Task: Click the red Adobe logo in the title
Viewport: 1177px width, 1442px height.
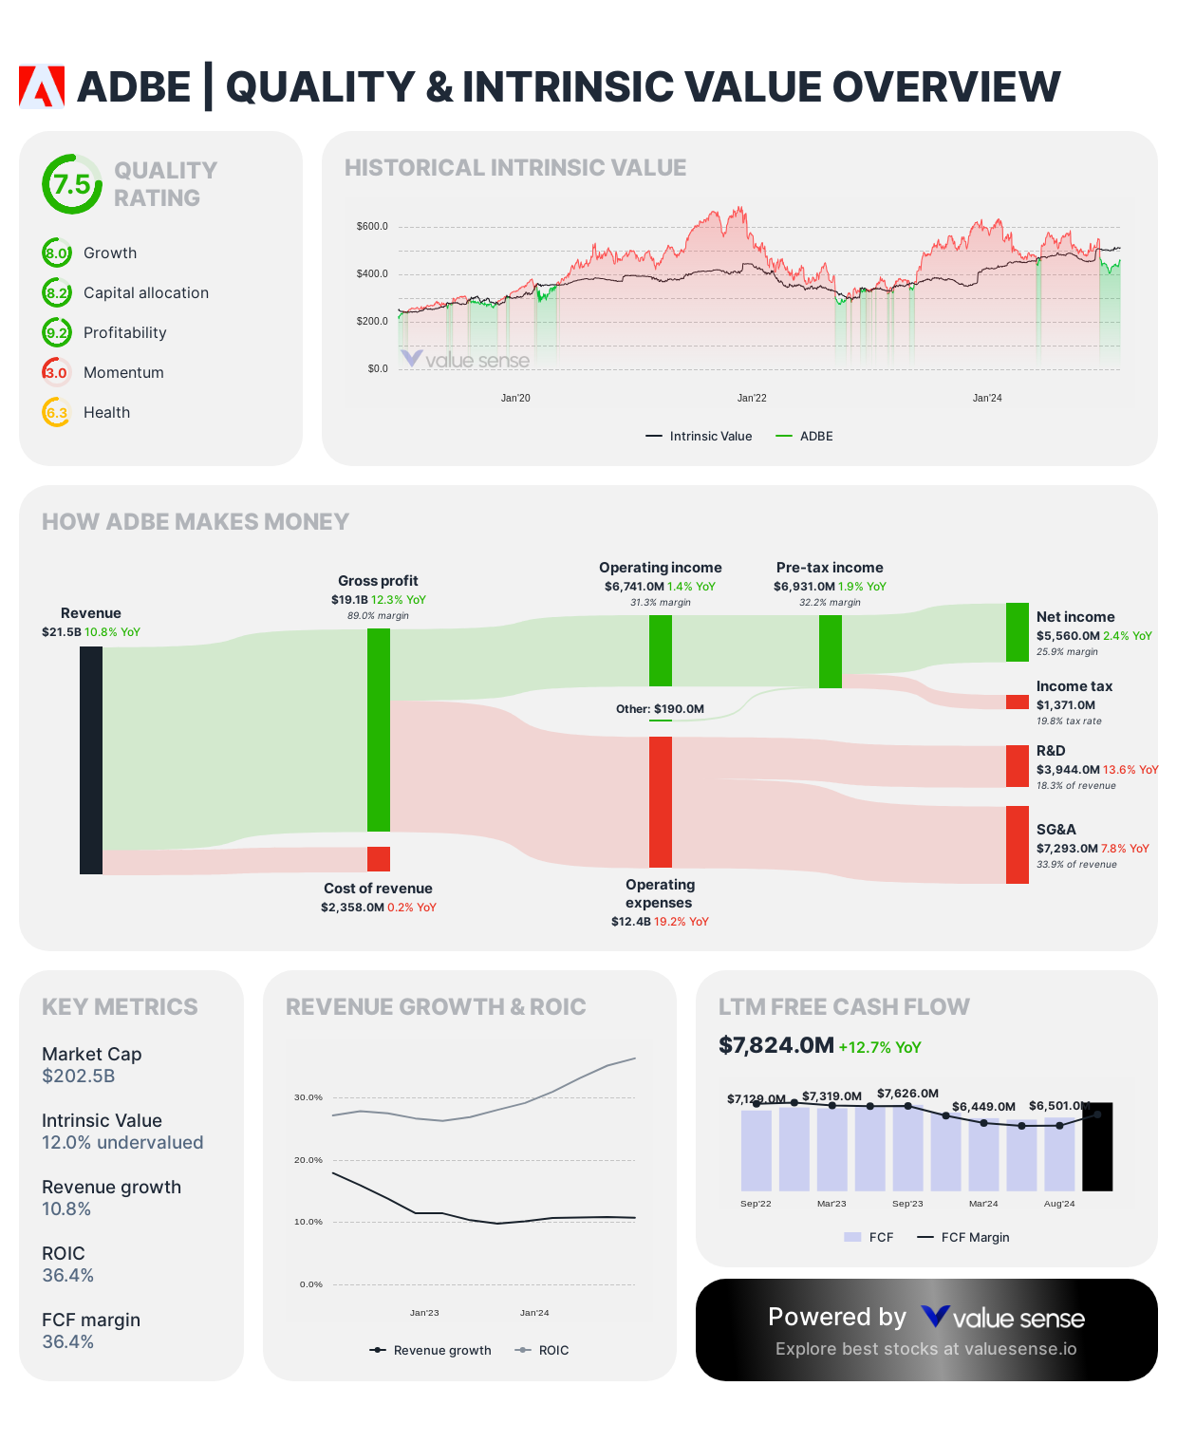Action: click(x=42, y=86)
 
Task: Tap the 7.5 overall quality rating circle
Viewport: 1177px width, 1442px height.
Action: click(x=71, y=184)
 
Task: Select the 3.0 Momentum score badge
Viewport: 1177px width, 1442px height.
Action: click(x=57, y=372)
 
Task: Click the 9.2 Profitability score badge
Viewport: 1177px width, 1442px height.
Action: click(x=57, y=332)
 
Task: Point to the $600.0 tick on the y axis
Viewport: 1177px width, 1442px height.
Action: click(x=372, y=227)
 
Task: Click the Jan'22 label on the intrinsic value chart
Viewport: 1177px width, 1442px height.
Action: click(x=752, y=398)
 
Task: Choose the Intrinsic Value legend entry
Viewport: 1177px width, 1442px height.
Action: click(x=700, y=437)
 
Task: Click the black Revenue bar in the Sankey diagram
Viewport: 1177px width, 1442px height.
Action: click(x=91, y=759)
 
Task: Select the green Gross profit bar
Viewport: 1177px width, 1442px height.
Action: click(x=379, y=729)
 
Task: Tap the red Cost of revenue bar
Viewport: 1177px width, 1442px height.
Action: click(x=379, y=859)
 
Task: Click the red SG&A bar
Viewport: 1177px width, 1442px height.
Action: click(x=1017, y=845)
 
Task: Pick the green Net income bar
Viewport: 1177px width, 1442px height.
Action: click(x=1017, y=632)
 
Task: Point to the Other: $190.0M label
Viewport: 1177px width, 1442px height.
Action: click(x=660, y=709)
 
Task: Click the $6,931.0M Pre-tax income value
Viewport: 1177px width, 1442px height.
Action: click(x=804, y=587)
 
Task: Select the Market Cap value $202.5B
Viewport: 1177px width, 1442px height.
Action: click(x=79, y=1077)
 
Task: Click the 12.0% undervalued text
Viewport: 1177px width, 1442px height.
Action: click(x=122, y=1143)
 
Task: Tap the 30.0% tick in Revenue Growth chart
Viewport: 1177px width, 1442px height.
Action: click(x=308, y=1097)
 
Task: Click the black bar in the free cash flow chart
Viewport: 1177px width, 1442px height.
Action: click(x=1097, y=1147)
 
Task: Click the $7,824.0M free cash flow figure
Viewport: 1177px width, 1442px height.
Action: click(x=776, y=1046)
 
